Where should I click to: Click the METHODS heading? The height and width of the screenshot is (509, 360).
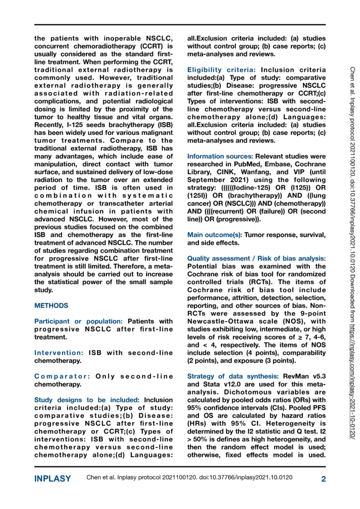coord(51,306)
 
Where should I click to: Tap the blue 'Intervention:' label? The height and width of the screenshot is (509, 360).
coord(59,352)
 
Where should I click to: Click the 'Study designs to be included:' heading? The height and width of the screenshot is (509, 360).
coord(88,400)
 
